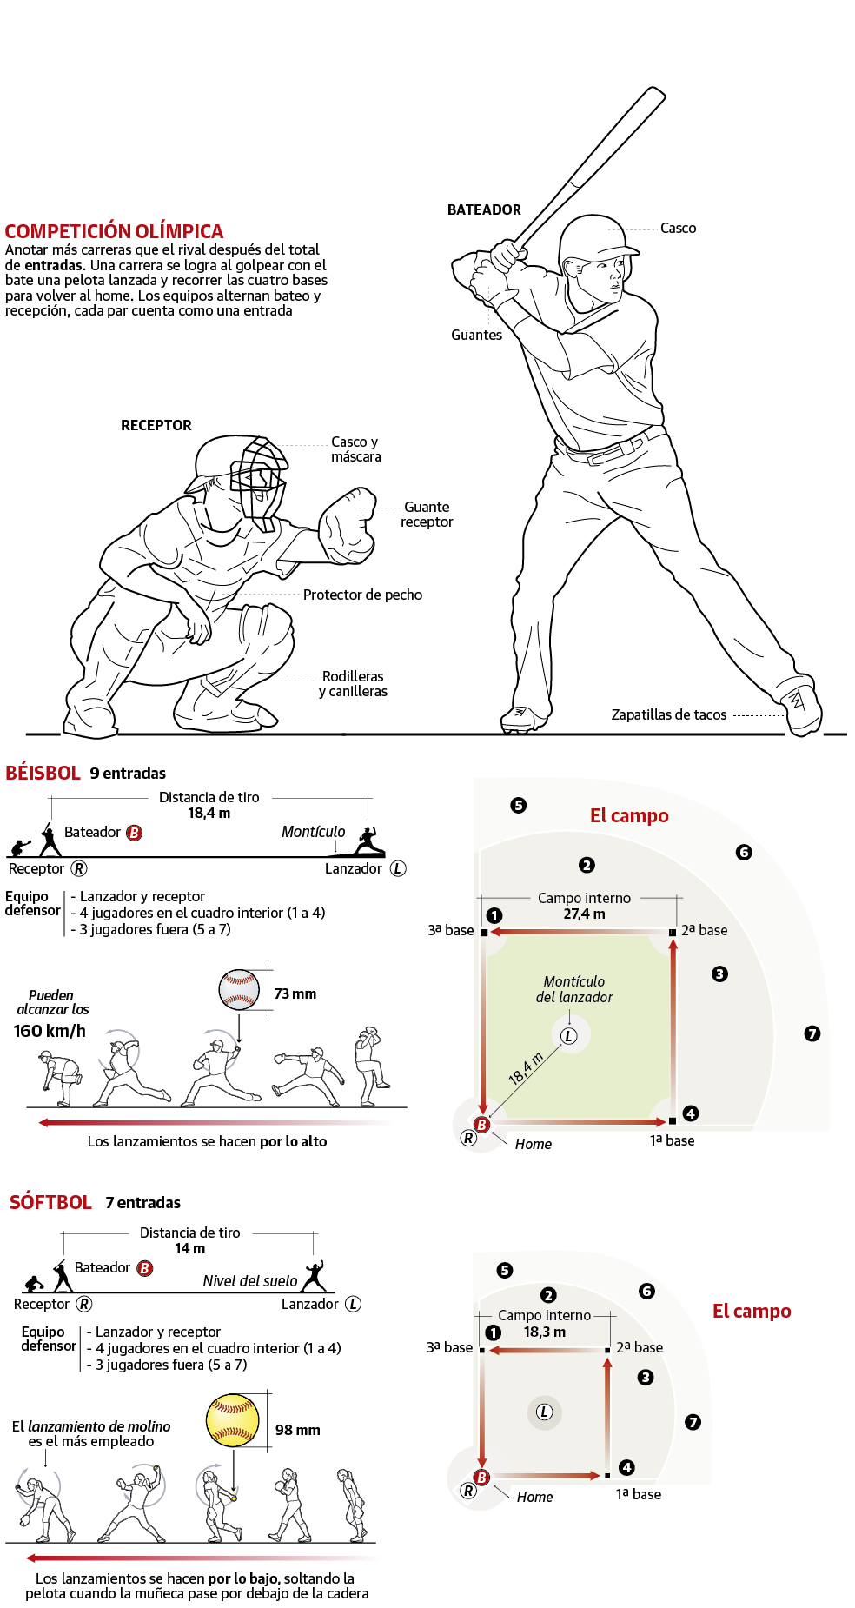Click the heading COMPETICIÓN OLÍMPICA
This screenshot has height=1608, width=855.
pyautogui.click(x=114, y=231)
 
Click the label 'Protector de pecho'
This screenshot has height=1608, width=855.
pyautogui.click(x=362, y=595)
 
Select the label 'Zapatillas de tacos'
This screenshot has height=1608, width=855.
pyautogui.click(x=668, y=714)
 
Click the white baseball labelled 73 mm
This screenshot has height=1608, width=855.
pyautogui.click(x=239, y=989)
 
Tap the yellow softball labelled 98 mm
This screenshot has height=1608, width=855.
pyautogui.click(x=233, y=1420)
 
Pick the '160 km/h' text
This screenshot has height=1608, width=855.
pyautogui.click(x=50, y=1031)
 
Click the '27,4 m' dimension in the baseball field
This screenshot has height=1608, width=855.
pyautogui.click(x=584, y=914)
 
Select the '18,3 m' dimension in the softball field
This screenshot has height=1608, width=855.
pyautogui.click(x=544, y=1332)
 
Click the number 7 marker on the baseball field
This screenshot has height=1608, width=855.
pyautogui.click(x=812, y=1033)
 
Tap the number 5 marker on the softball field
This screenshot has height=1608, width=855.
pyautogui.click(x=505, y=1270)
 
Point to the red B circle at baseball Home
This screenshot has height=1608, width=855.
pyautogui.click(x=481, y=1125)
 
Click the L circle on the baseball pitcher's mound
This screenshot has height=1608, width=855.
pyautogui.click(x=569, y=1036)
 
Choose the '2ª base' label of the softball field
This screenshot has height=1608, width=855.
pyautogui.click(x=640, y=1347)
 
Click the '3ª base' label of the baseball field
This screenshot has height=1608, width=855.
pyautogui.click(x=451, y=930)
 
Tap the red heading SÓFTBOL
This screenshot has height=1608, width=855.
pyautogui.click(x=50, y=1202)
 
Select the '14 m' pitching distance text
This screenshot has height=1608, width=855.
pyautogui.click(x=189, y=1248)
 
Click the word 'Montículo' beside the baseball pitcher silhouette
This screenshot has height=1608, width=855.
pyautogui.click(x=313, y=832)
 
